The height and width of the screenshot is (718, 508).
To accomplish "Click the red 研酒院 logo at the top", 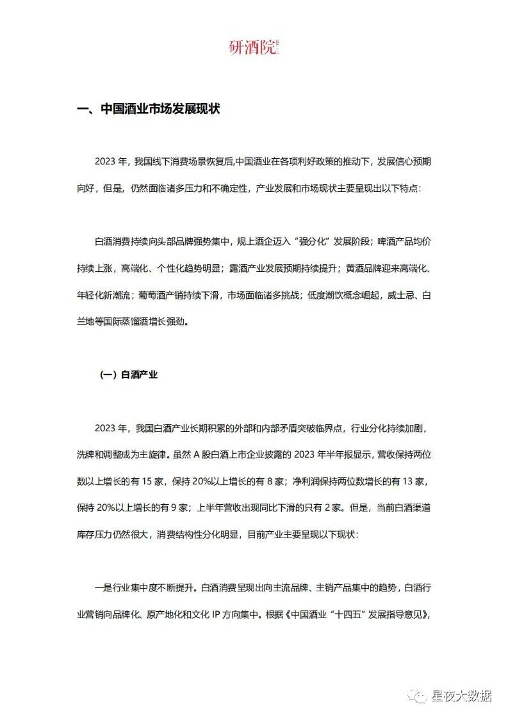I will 254,47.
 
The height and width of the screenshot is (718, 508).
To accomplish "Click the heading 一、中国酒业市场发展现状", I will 148,109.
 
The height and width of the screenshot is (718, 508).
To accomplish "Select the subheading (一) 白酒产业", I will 129,375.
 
